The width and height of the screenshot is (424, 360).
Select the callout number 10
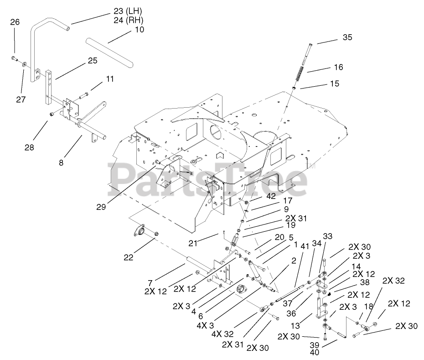pyautogui.click(x=139, y=30)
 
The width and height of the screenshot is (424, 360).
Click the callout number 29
pyautogui.click(x=101, y=207)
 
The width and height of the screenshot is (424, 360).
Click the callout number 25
pyautogui.click(x=93, y=61)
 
